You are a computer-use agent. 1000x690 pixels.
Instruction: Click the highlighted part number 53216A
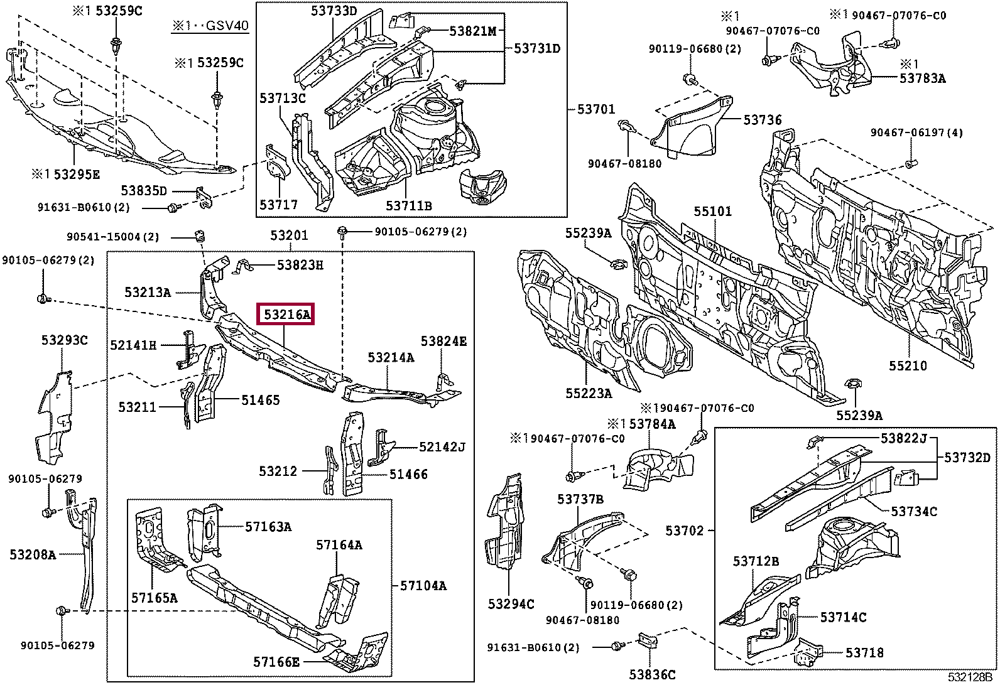(x=286, y=315)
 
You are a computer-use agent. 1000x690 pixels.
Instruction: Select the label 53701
(x=596, y=109)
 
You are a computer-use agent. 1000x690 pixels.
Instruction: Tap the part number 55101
(x=713, y=211)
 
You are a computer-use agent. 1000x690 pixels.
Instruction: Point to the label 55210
(x=908, y=366)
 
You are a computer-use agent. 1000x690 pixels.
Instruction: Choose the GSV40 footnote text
(x=210, y=26)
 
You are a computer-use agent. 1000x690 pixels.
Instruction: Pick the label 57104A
(x=423, y=586)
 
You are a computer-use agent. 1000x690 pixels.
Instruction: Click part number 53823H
(x=300, y=266)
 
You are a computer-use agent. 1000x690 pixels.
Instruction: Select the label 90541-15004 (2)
(x=113, y=237)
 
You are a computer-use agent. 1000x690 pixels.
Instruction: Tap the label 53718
(x=864, y=653)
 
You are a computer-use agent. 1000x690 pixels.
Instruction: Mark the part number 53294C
(x=511, y=605)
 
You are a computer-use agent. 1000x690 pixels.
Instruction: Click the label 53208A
(x=33, y=555)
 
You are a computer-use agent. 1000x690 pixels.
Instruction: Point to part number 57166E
(x=276, y=662)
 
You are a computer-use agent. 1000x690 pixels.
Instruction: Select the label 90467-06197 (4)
(x=916, y=132)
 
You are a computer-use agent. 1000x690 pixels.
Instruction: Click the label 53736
(x=763, y=120)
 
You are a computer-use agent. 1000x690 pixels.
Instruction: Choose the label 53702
(x=685, y=531)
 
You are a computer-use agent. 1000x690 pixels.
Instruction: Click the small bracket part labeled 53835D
(x=205, y=197)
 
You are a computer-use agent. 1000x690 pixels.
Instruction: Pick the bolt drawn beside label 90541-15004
(x=200, y=235)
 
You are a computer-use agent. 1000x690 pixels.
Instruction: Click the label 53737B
(x=580, y=499)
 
